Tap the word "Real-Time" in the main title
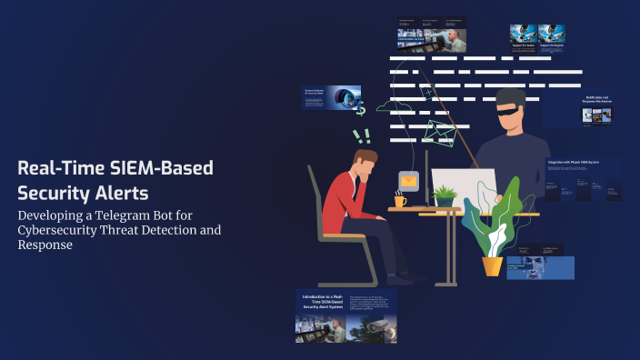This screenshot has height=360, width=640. [63, 169]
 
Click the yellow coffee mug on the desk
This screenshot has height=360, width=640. [401, 199]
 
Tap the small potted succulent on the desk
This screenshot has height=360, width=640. [445, 195]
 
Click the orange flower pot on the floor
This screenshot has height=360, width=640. [492, 265]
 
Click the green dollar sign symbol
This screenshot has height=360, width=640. [361, 108]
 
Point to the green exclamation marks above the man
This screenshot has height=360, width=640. [362, 136]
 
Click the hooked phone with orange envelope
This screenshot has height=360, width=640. [409, 181]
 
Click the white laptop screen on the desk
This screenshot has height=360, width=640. [463, 186]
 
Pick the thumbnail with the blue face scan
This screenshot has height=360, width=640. [540, 267]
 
